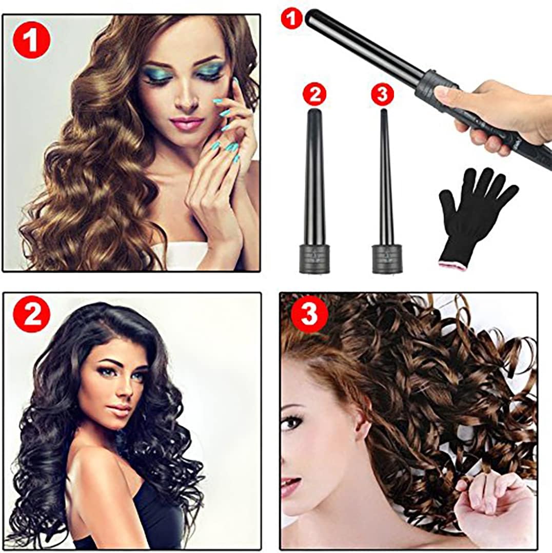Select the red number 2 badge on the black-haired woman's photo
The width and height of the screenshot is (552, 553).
click(31, 315)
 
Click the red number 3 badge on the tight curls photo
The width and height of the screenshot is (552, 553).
click(309, 315)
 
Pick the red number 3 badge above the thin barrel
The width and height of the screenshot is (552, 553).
click(383, 93)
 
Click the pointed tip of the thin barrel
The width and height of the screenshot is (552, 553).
click(384, 111)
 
